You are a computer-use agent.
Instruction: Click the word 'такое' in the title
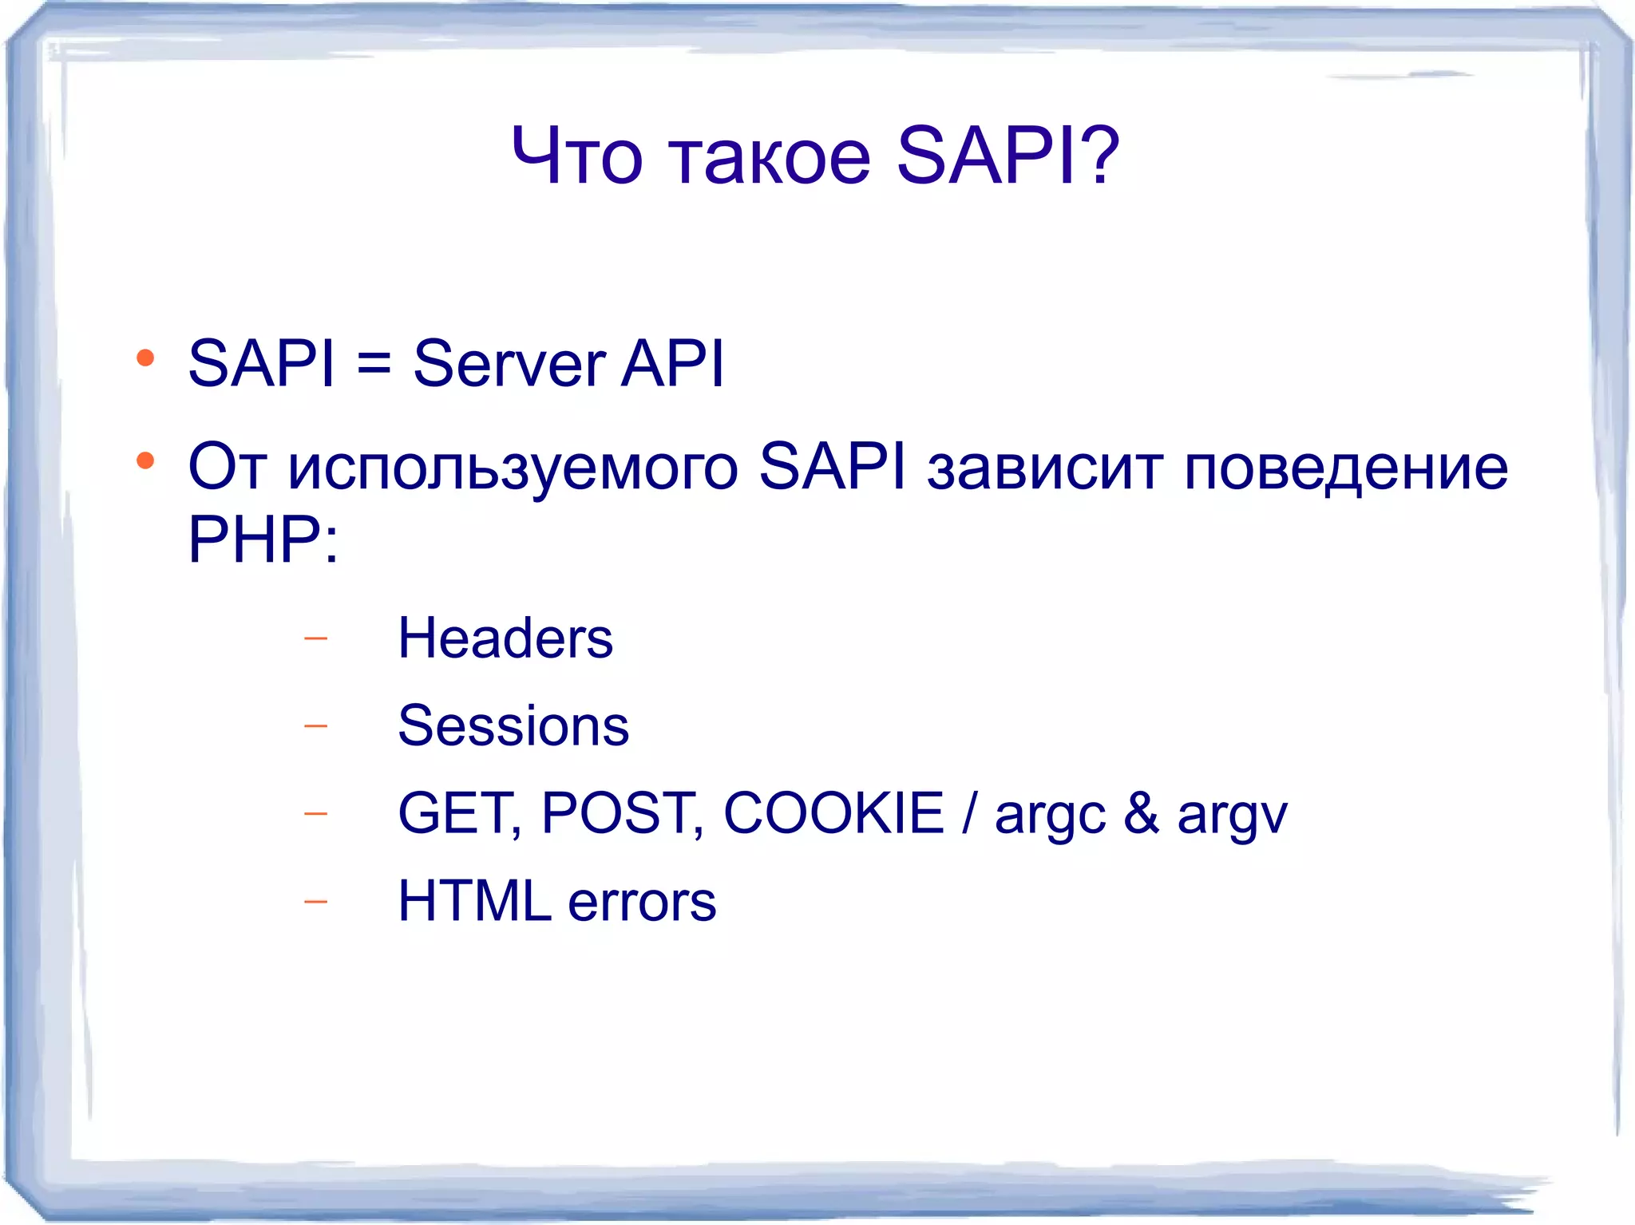click(768, 157)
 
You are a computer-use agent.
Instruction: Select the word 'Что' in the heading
click(576, 157)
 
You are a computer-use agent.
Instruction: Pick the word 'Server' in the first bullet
click(509, 365)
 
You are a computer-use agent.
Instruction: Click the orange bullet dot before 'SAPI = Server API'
click(145, 358)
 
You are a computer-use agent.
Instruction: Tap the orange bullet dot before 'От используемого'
click(145, 460)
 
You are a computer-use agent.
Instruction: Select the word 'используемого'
click(513, 468)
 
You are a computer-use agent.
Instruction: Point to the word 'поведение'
click(1346, 468)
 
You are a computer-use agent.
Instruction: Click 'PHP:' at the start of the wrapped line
click(263, 539)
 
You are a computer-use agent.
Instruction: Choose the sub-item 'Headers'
click(505, 638)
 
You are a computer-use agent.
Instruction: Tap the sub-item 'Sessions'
click(513, 726)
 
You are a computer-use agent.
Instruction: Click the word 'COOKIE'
click(833, 814)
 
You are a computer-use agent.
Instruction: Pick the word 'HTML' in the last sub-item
click(474, 901)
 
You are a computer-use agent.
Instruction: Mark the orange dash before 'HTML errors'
click(316, 902)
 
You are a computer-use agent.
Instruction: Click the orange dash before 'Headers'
click(316, 638)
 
